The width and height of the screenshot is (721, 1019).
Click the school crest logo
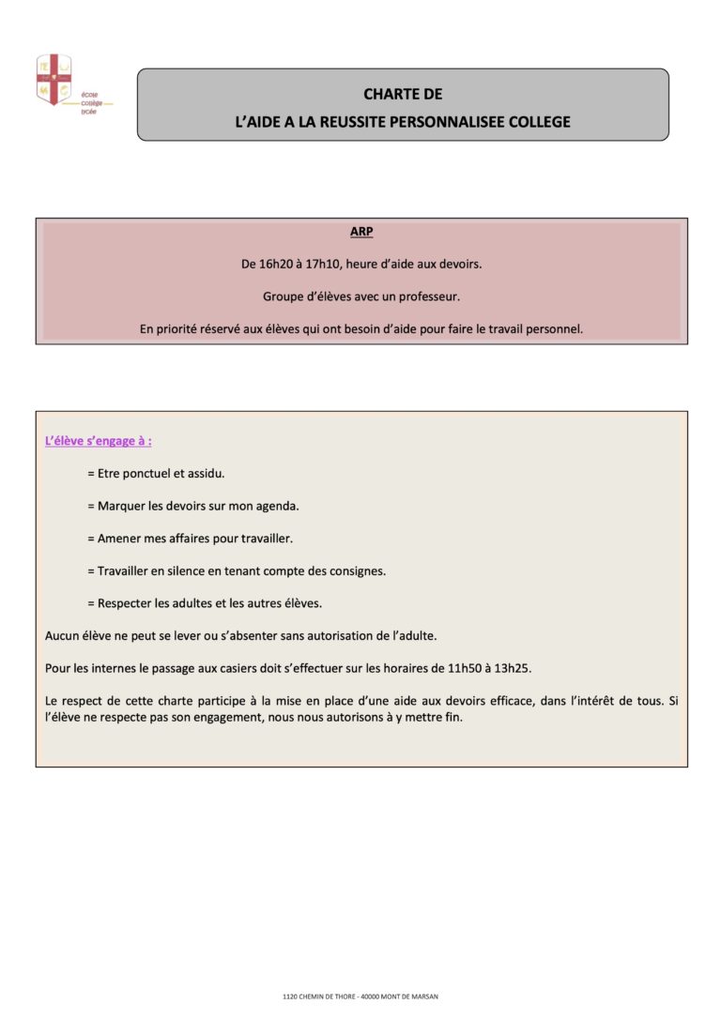[x=54, y=80]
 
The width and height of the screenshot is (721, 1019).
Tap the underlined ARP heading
[x=361, y=232]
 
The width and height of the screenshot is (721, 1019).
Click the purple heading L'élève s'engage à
[x=98, y=441]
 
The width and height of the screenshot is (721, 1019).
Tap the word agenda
[x=275, y=506]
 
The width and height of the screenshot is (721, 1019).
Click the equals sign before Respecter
[x=91, y=603]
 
